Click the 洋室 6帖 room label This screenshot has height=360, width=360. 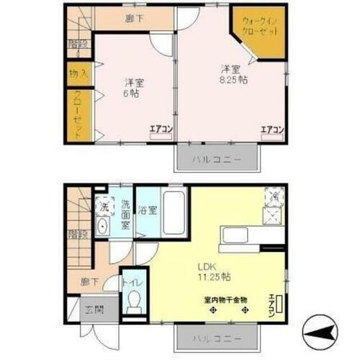[x=130, y=87]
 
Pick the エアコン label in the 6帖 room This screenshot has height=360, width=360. [x=161, y=130]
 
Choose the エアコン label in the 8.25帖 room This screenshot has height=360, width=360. [x=271, y=130]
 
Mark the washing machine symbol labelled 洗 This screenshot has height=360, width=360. [x=103, y=204]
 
